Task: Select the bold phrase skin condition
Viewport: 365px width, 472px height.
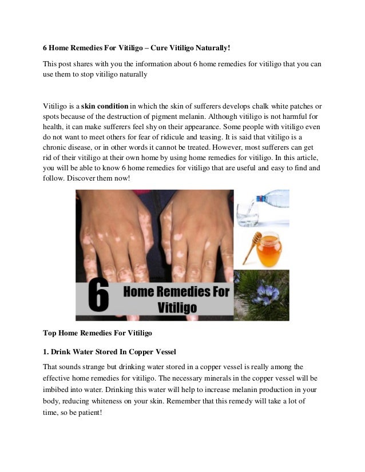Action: [105, 106]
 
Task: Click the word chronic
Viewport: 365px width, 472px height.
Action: [57, 149]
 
